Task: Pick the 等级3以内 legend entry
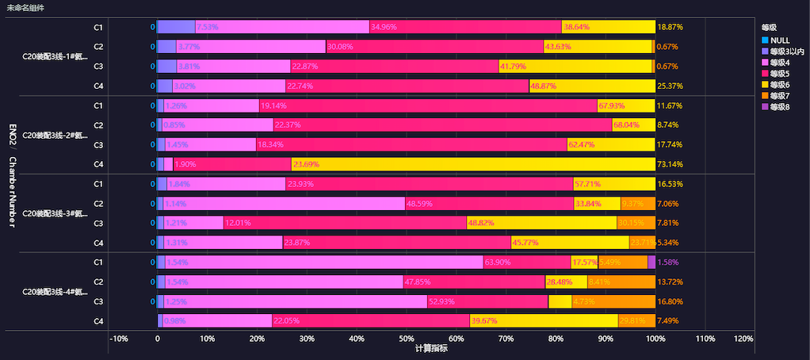tap(785, 51)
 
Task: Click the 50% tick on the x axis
tap(406, 339)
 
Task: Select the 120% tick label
tap(743, 339)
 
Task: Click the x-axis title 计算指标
tap(431, 348)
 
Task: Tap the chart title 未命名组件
tap(25, 8)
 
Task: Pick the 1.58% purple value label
tap(668, 262)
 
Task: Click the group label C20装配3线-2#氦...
tap(55, 135)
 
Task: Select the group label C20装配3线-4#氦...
tap(55, 292)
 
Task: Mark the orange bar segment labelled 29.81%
tap(636, 321)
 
